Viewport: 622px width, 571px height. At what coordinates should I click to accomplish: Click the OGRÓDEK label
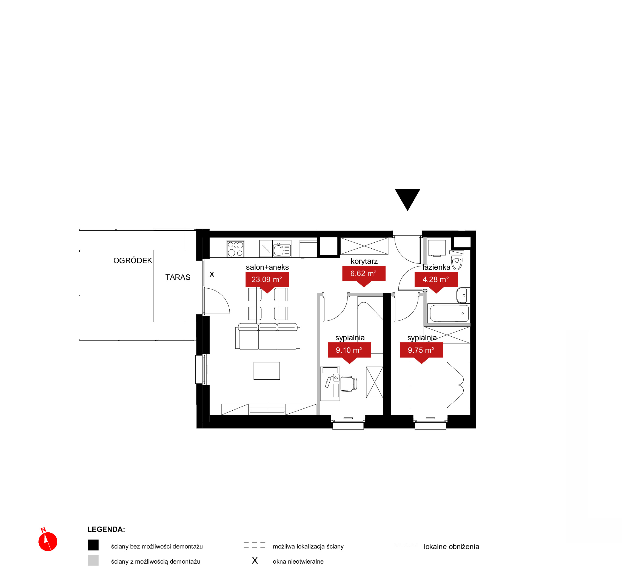pos(133,260)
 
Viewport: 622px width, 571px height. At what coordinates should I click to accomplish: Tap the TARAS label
pos(178,277)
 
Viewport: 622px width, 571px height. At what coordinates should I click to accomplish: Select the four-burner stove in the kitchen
pos(235,249)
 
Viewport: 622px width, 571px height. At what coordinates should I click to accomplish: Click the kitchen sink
pos(282,249)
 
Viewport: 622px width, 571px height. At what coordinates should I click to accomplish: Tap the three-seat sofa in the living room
pos(267,336)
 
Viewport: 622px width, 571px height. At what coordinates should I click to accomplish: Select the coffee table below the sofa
pos(267,371)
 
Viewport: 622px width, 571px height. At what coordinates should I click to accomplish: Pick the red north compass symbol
pos(48,541)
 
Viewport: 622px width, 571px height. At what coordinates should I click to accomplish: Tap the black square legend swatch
pos(93,545)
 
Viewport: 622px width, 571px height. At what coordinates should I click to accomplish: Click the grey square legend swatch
pos(93,560)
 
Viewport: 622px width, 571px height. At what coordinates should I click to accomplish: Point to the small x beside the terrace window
pos(212,274)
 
